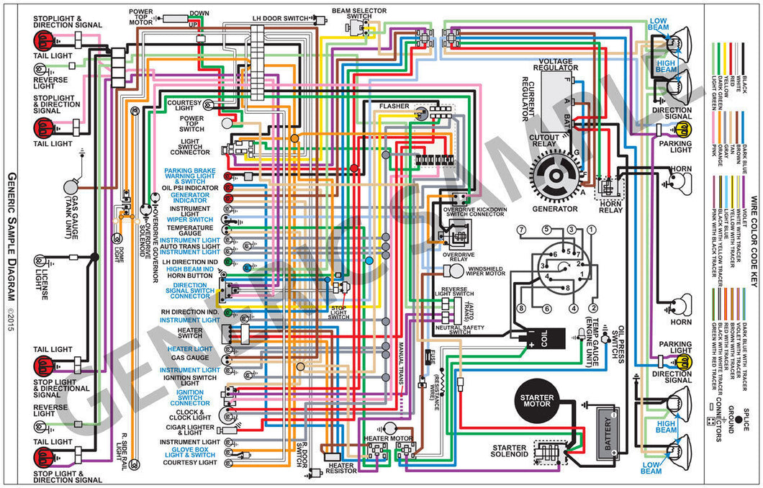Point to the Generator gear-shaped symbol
pos(555,175)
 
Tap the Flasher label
pos(395,107)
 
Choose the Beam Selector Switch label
pos(359,14)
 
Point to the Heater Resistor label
pos(340,469)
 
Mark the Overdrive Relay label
pos(459,258)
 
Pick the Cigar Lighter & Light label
pos(190,430)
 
